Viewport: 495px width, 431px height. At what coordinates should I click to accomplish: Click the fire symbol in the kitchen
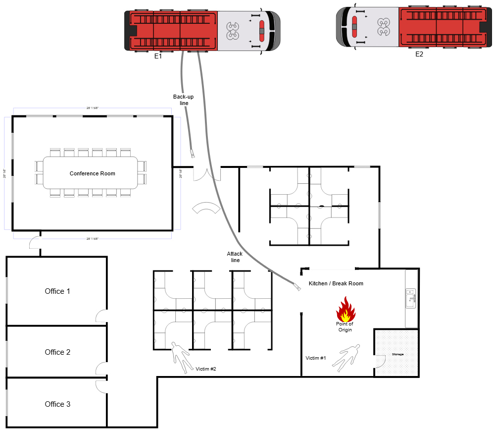pos(346,310)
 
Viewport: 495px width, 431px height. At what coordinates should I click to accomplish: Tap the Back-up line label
pos(184,100)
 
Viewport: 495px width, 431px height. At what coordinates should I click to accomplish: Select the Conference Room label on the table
pos(92,173)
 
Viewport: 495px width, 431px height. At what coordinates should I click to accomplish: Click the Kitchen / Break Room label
pos(336,284)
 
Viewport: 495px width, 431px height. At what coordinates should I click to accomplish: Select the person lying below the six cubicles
pos(181,356)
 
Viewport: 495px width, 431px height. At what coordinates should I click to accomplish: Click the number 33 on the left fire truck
pos(233,31)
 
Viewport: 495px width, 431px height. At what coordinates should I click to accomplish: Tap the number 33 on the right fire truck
pos(383,27)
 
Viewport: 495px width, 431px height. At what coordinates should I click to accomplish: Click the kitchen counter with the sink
pos(411,299)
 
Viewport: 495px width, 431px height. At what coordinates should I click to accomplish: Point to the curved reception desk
pos(206,209)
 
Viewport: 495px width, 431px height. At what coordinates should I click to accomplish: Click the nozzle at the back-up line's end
pos(193,154)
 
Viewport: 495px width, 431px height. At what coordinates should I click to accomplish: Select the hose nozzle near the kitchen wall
pos(297,287)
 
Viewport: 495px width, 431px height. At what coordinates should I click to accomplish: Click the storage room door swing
pos(379,362)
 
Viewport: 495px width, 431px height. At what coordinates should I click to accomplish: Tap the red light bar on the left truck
pos(262,31)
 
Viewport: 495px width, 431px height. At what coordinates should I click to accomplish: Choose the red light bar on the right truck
pos(354,27)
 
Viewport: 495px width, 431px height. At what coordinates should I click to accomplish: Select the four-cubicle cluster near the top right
pos(309,206)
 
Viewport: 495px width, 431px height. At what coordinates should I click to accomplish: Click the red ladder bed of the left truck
pos(173,31)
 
